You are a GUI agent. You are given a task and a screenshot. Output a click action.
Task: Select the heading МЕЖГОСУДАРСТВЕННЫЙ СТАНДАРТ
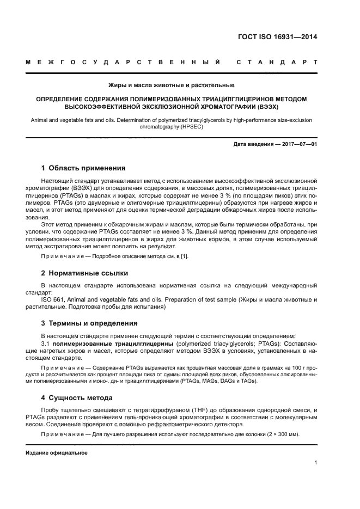pos(172,63)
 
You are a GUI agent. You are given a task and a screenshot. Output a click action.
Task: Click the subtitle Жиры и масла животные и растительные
pos(172,85)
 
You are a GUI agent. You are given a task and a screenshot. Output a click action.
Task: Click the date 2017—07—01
pos(298,144)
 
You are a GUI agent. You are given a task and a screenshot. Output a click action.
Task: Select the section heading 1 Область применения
pos(83,168)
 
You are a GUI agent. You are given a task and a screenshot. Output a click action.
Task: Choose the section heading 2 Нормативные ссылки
pos(85,273)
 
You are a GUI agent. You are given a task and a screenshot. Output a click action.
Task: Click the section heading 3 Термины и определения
pos(89,323)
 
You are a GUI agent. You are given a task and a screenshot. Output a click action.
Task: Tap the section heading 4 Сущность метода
pos(77,398)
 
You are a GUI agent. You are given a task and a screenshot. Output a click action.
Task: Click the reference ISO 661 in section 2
pos(52,299)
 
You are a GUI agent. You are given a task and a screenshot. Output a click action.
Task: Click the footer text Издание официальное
pos(57,453)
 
